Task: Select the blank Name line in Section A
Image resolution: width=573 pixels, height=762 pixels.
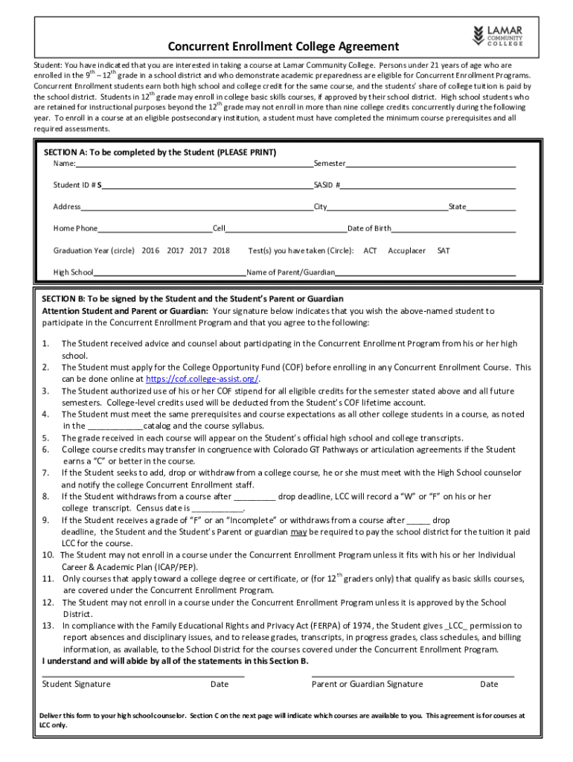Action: pyautogui.click(x=193, y=164)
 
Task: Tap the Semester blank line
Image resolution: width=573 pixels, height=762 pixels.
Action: pyautogui.click(x=430, y=164)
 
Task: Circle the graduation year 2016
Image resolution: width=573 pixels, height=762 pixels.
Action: pyautogui.click(x=150, y=251)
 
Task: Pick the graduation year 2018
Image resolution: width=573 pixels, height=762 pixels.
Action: pyautogui.click(x=221, y=251)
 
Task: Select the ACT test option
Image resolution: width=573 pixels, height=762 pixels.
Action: pyautogui.click(x=370, y=251)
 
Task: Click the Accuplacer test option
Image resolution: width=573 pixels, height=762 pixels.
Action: pyautogui.click(x=407, y=251)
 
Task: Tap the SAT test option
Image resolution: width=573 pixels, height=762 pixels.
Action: pyautogui.click(x=443, y=251)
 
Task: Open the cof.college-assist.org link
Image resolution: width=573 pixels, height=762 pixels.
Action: pyautogui.click(x=220, y=378)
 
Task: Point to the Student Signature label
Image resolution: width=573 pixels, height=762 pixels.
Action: pyautogui.click(x=77, y=684)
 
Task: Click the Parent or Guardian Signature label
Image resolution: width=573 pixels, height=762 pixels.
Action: pyautogui.click(x=367, y=684)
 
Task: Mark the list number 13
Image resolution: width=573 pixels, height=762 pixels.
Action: pyautogui.click(x=47, y=626)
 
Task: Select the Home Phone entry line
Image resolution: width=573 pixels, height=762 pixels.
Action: pyautogui.click(x=155, y=228)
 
